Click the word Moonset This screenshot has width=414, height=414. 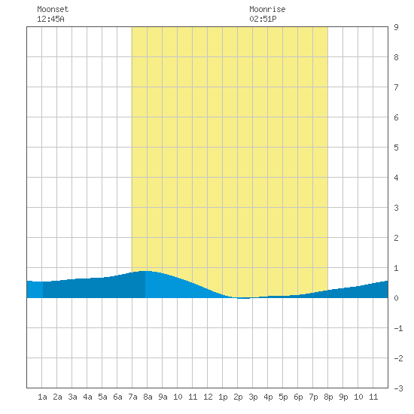pos(53,9)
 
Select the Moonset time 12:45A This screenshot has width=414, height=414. pos(50,19)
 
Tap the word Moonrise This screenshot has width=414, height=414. pos(267,9)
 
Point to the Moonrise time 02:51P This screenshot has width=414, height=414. pos(263,19)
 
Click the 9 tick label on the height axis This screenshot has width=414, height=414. pos(396,27)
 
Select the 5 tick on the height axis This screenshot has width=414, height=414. pos(396,148)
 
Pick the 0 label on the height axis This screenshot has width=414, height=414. pos(396,298)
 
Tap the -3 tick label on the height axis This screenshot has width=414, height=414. pos(399,388)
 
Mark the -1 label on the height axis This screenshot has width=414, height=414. pos(399,328)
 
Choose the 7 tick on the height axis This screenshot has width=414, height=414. pos(396,87)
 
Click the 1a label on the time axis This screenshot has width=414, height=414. pos(42,397)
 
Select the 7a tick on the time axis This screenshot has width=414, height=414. pos(132,397)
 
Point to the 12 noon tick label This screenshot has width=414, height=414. pos(208,397)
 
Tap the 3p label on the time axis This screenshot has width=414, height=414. pos(253,397)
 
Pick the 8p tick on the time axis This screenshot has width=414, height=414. pos(328,397)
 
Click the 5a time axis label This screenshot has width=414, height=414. pos(102,397)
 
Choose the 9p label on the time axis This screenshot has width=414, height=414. pos(343,397)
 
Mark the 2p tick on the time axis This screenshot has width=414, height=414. pos(238,397)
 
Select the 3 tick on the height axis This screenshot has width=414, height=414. pos(396,208)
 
